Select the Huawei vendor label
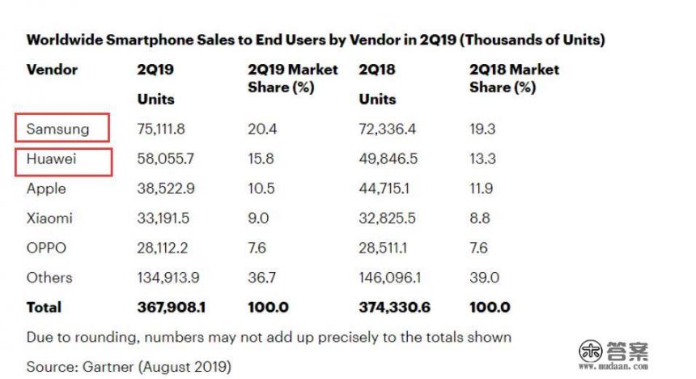pyautogui.click(x=51, y=159)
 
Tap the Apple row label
pyautogui.click(x=46, y=189)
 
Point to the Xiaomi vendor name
pyautogui.click(x=49, y=218)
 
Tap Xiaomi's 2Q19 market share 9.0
pyautogui.click(x=258, y=218)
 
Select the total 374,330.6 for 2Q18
pyautogui.click(x=394, y=308)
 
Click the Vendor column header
pyautogui.click(x=52, y=70)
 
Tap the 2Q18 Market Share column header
pyautogui.click(x=514, y=78)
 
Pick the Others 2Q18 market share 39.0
pyautogui.click(x=484, y=278)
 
